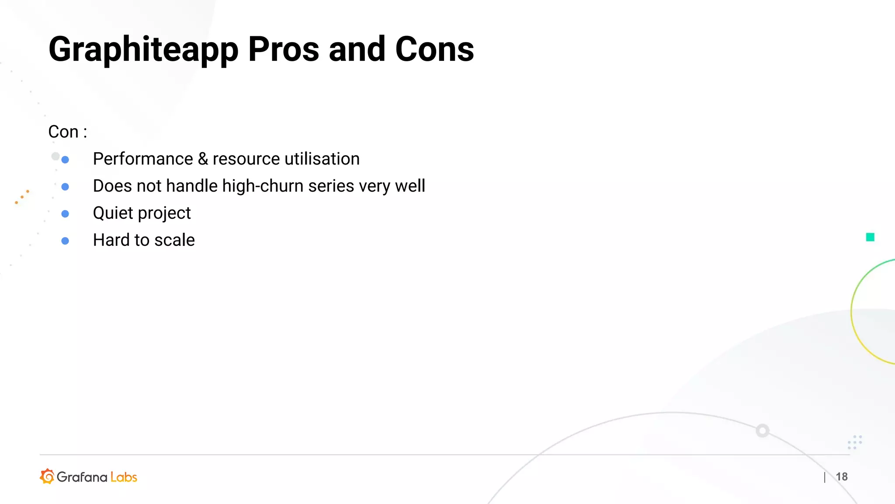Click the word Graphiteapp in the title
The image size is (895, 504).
point(143,49)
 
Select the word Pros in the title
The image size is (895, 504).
point(284,49)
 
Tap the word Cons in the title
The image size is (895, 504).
point(434,49)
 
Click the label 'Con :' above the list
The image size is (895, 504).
point(68,132)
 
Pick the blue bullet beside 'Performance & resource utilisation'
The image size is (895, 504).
point(65,160)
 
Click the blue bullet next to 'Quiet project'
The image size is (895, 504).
point(65,214)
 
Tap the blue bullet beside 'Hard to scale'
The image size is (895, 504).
point(65,241)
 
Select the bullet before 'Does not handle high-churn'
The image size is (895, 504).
point(65,187)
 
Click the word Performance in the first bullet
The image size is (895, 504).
point(143,159)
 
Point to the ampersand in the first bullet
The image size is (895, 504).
point(203,159)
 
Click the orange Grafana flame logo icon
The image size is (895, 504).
point(47,476)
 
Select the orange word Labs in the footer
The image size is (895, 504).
point(124,477)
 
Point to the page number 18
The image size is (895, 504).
point(842,476)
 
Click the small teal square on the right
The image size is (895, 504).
point(870,237)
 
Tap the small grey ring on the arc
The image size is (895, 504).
point(763,431)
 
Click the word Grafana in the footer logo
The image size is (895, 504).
point(82,477)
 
